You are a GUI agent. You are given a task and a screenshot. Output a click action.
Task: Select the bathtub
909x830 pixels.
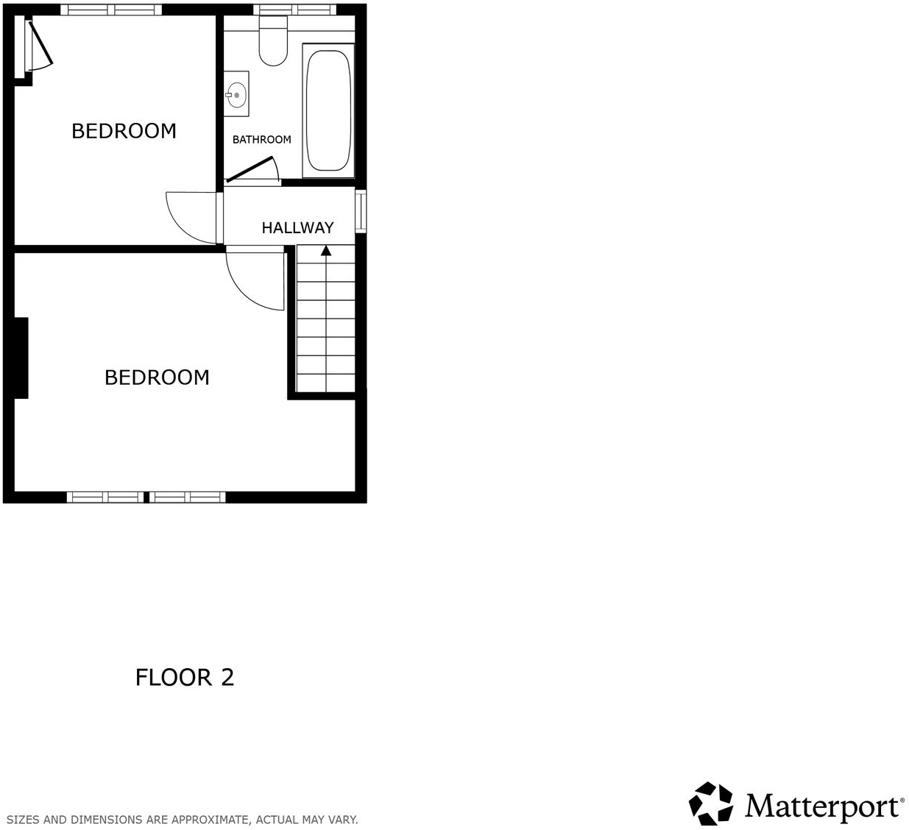coord(328,110)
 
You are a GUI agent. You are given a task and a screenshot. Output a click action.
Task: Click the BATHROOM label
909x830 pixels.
coord(261,140)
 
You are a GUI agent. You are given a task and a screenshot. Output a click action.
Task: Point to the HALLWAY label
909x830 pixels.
coord(297,228)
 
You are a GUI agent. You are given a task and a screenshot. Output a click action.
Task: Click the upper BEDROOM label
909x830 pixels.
coord(124,131)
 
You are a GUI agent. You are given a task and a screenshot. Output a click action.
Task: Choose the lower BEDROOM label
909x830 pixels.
coord(157,377)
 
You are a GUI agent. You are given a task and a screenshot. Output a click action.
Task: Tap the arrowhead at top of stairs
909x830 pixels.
coord(325,251)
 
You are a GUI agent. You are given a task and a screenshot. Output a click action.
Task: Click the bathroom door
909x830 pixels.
coord(250,169)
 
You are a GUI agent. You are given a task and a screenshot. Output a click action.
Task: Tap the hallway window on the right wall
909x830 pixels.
coord(361,212)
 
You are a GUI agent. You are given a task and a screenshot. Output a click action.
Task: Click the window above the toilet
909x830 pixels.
coord(294,10)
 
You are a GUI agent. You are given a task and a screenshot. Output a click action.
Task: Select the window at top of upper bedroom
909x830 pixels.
coord(110,10)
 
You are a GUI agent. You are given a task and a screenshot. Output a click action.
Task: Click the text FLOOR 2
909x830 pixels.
coord(185,677)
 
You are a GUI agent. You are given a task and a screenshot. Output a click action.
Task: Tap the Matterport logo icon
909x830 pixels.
coord(710,804)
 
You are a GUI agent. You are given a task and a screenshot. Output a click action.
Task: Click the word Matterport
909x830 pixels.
coord(823,806)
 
